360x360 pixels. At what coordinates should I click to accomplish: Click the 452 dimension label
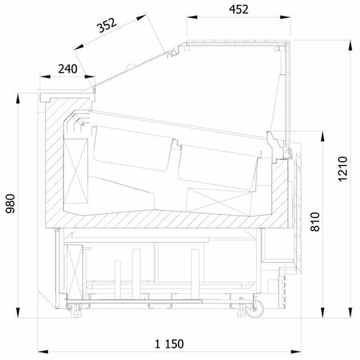pyautogui.click(x=238, y=9)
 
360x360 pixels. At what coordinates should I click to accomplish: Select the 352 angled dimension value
pyautogui.click(x=107, y=25)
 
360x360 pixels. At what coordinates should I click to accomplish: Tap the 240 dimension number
pyautogui.click(x=68, y=69)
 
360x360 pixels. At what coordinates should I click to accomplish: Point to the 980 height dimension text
pyautogui.click(x=11, y=204)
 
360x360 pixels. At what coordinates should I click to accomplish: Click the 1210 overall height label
pyautogui.click(x=343, y=169)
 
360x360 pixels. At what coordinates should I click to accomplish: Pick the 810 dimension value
pyautogui.click(x=315, y=222)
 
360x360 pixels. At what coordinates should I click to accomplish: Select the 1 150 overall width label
pyautogui.click(x=169, y=344)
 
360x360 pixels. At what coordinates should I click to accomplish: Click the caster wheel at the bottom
pyautogui.click(x=255, y=309)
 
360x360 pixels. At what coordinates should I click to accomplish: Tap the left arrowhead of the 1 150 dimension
pyautogui.click(x=43, y=352)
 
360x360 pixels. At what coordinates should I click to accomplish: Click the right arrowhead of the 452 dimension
pyautogui.click(x=285, y=17)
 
